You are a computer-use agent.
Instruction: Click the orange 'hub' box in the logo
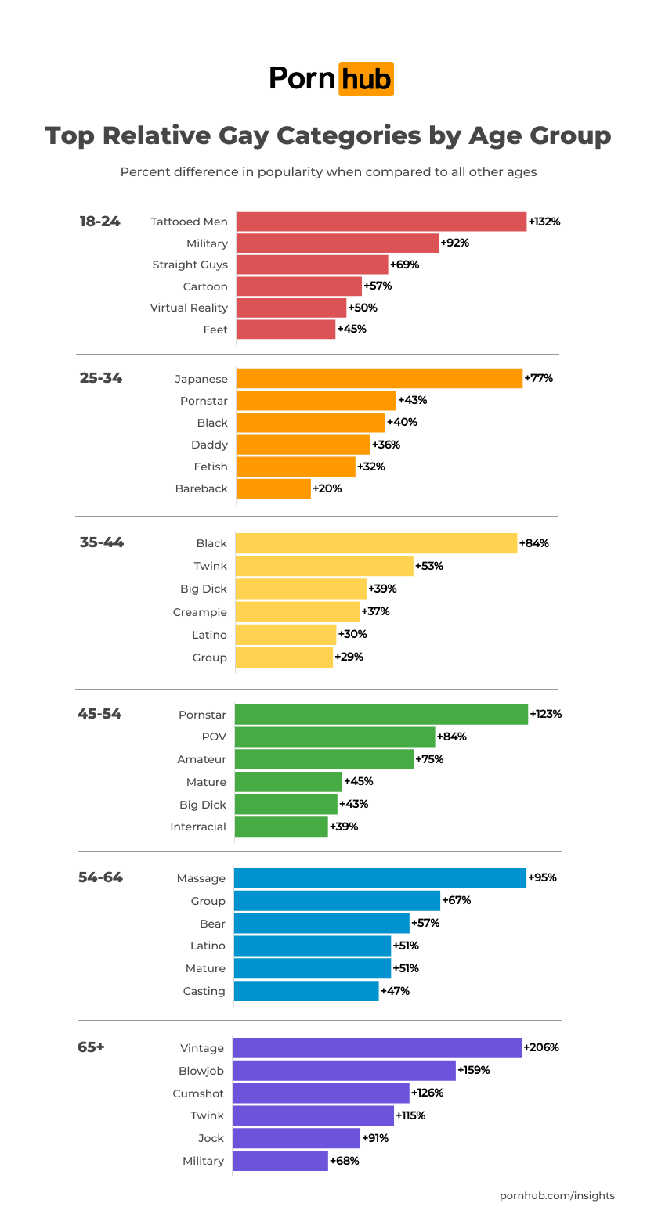pos(366,79)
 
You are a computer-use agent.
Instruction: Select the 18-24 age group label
pos(100,222)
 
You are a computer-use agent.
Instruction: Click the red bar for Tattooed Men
pos(381,222)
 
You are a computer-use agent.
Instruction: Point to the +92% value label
pos(454,243)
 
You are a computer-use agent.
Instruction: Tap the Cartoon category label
pos(205,286)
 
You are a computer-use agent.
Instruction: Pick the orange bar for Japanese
pos(379,379)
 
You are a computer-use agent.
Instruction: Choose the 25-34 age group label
pos(101,378)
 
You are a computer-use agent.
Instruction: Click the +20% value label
pos(327,488)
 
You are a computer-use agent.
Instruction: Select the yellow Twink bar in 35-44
pos(324,566)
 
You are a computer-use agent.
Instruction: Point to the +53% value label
pos(429,566)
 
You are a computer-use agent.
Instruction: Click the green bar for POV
pos(334,737)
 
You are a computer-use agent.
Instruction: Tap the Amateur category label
pos(201,759)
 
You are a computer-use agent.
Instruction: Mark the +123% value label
pos(546,714)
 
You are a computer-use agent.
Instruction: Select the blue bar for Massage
pos(380,878)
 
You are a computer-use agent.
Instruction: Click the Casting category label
pos(204,991)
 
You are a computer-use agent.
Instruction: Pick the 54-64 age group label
pos(100,877)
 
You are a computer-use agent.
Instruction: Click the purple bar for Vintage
pos(377,1048)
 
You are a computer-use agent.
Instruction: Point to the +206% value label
pos(541,1047)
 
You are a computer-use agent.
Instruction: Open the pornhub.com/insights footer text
pos(557,1195)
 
